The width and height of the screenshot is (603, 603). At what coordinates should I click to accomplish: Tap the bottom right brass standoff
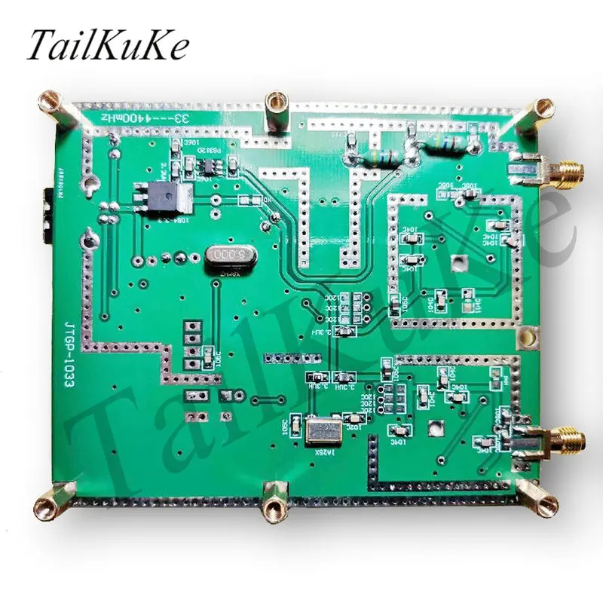coord(544,503)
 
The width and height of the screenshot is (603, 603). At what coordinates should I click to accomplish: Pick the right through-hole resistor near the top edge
coord(441,143)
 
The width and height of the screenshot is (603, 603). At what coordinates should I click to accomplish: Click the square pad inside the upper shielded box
coord(457,262)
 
